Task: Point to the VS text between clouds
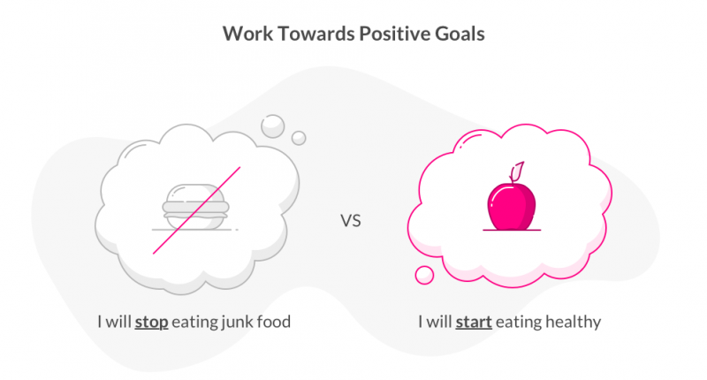pos(352,220)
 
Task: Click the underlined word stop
pos(152,323)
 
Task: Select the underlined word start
pos(473,323)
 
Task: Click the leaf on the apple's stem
pos(521,168)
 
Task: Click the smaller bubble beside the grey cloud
pos(299,138)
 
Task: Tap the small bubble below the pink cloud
pos(425,276)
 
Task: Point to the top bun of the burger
pos(195,192)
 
